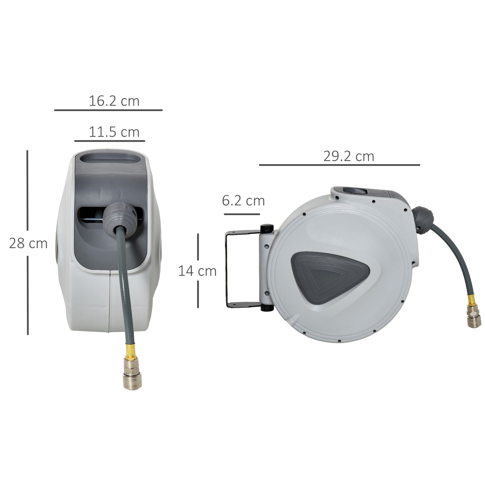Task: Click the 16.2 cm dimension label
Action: [114, 101]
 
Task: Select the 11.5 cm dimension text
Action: [114, 132]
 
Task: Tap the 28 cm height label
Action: [28, 243]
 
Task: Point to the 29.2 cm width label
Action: [348, 156]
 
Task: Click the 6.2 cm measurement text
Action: [243, 201]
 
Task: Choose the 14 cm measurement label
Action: [197, 271]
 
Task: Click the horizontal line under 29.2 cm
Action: [339, 165]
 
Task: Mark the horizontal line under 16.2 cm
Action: [108, 110]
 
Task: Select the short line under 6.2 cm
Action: [242, 214]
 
